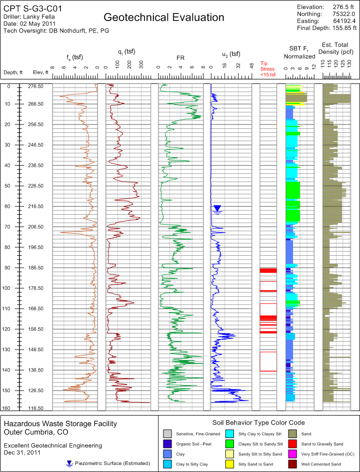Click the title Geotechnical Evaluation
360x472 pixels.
(164, 17)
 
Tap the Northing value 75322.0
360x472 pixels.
(343, 14)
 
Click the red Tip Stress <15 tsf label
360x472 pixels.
(267, 69)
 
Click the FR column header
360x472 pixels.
(180, 58)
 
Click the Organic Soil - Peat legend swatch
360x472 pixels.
(168, 444)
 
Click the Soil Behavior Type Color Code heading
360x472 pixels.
(258, 422)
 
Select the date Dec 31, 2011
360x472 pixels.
(22, 453)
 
